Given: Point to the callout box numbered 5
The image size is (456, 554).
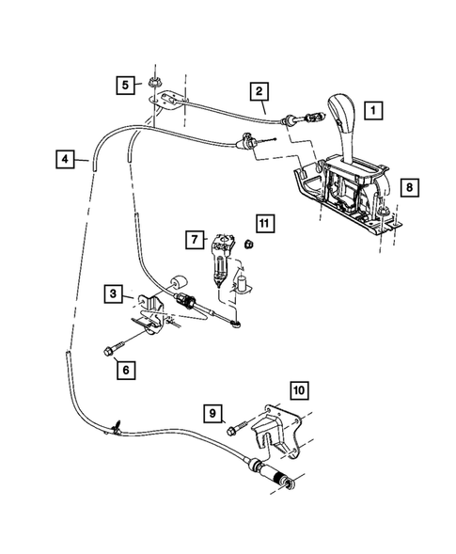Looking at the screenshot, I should coord(125,86).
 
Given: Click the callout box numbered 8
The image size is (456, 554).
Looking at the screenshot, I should coord(407,187).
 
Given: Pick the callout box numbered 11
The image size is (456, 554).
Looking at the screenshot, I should coord(264,223).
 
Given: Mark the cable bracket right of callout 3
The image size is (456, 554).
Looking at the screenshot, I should coord(151,313).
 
